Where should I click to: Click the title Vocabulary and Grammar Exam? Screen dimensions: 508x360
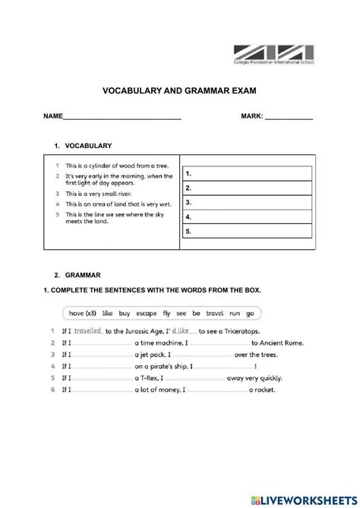coord(179,90)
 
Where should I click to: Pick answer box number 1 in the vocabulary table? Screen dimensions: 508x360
coord(247,174)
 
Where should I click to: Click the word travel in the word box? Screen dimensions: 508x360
coord(214,312)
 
